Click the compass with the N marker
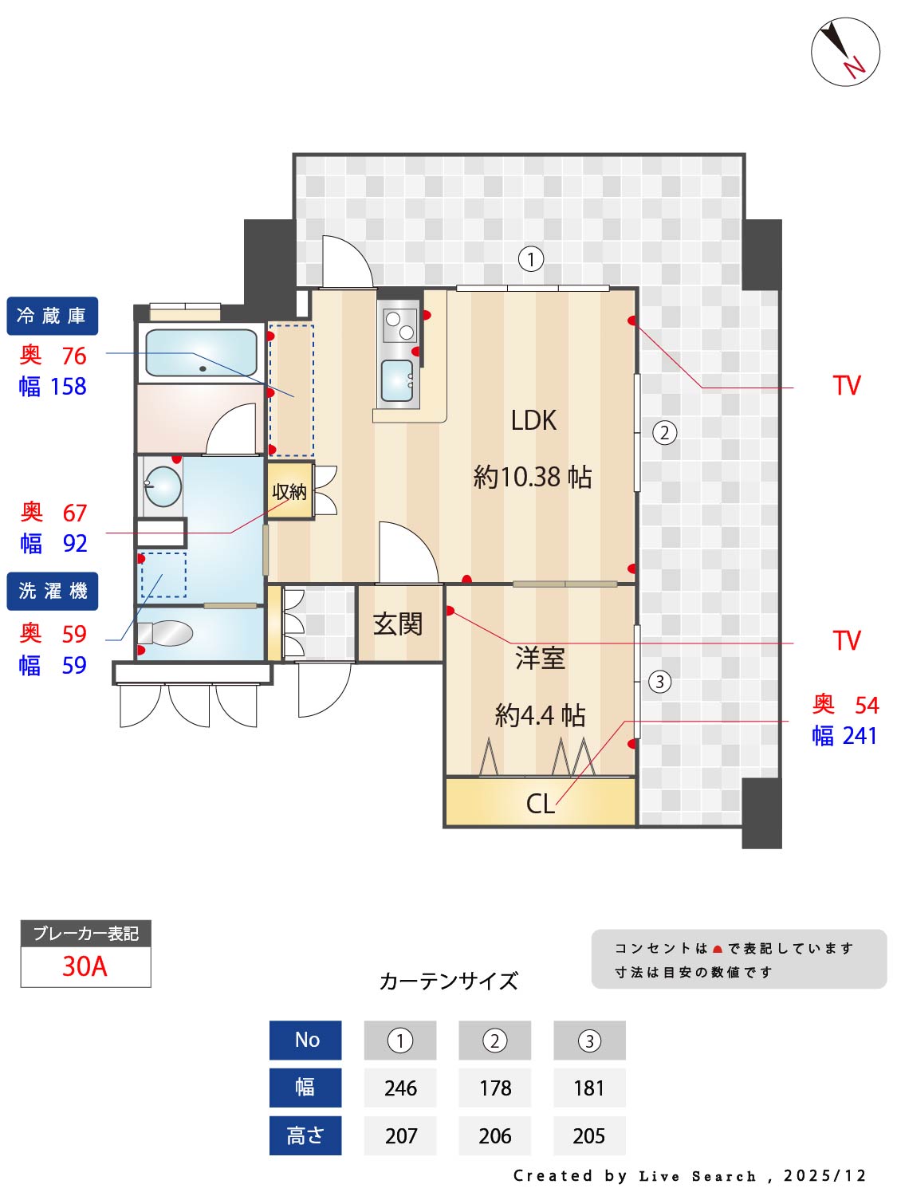(x=845, y=52)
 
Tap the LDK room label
(x=533, y=420)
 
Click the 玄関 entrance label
(x=398, y=624)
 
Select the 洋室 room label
(x=540, y=659)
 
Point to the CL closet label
(x=540, y=803)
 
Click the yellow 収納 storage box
(x=289, y=491)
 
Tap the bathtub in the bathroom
(x=201, y=352)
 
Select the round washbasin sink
(x=164, y=486)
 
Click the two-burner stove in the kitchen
(x=399, y=325)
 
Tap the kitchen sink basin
(x=397, y=380)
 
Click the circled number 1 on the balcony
(x=531, y=259)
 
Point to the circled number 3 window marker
(x=659, y=682)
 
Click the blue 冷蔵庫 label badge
(x=53, y=316)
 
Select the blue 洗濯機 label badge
(x=53, y=591)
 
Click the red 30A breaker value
(x=85, y=966)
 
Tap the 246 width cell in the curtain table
(x=400, y=1088)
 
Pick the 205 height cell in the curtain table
(x=589, y=1136)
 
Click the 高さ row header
(x=305, y=1136)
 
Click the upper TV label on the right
(x=847, y=386)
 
